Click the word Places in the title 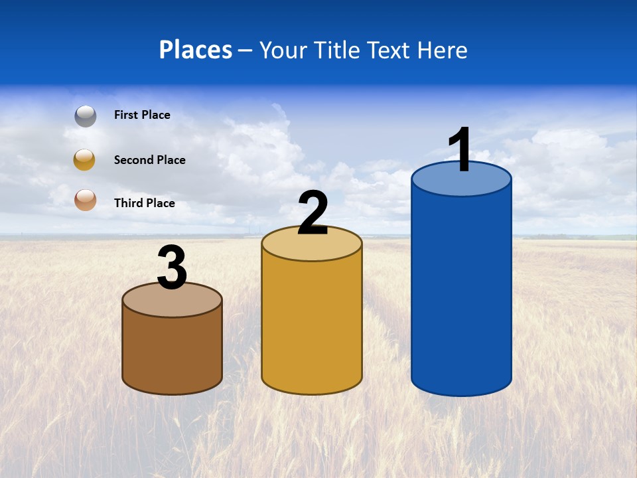tap(196, 50)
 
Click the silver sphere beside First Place tap(86, 116)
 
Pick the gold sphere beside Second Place tap(85, 160)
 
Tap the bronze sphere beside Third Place tap(85, 199)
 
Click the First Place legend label tap(142, 115)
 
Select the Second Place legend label tap(149, 160)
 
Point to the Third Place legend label tap(144, 203)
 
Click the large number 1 tap(460, 150)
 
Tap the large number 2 tap(313, 213)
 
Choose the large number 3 tap(172, 268)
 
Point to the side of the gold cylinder tap(312, 325)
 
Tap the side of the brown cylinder tap(172, 352)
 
